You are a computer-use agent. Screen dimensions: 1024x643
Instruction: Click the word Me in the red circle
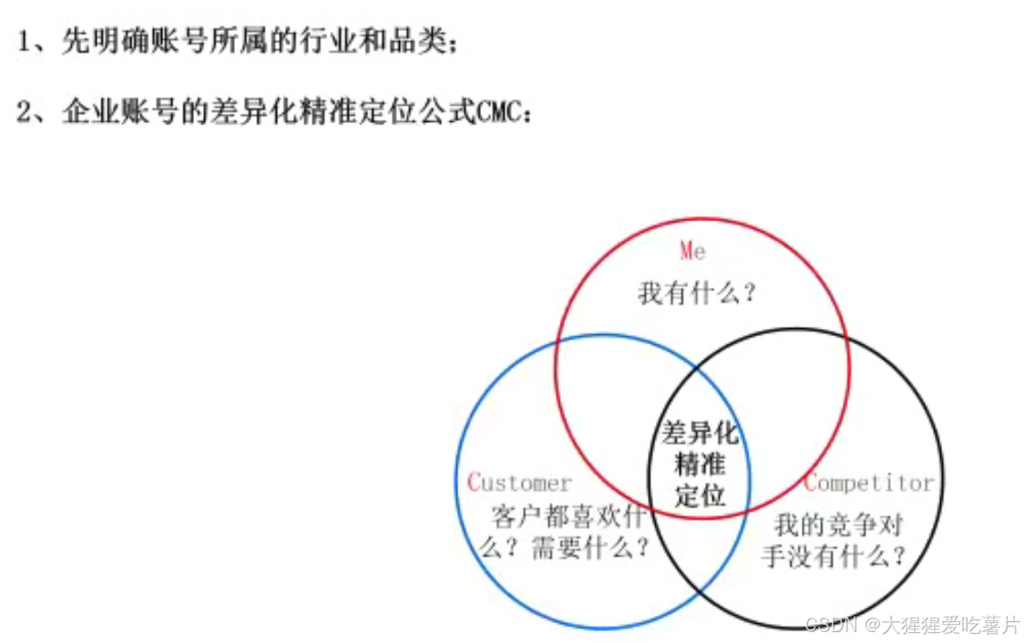click(693, 250)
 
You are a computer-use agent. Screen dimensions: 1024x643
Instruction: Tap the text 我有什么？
click(698, 293)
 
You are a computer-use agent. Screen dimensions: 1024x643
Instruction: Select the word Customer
click(519, 483)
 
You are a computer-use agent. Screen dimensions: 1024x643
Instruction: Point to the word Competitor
click(869, 483)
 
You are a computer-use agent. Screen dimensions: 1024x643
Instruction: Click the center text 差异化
click(700, 433)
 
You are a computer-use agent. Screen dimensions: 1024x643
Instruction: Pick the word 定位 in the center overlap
click(700, 495)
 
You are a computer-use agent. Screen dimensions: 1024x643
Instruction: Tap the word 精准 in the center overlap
click(700, 464)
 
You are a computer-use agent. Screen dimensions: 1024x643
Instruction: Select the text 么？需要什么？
click(565, 548)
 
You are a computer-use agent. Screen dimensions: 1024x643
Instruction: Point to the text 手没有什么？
click(835, 556)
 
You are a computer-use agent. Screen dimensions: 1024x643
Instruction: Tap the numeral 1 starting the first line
click(25, 42)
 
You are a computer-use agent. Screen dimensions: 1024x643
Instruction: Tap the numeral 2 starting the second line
click(25, 113)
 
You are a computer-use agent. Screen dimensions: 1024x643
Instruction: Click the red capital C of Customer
click(473, 483)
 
